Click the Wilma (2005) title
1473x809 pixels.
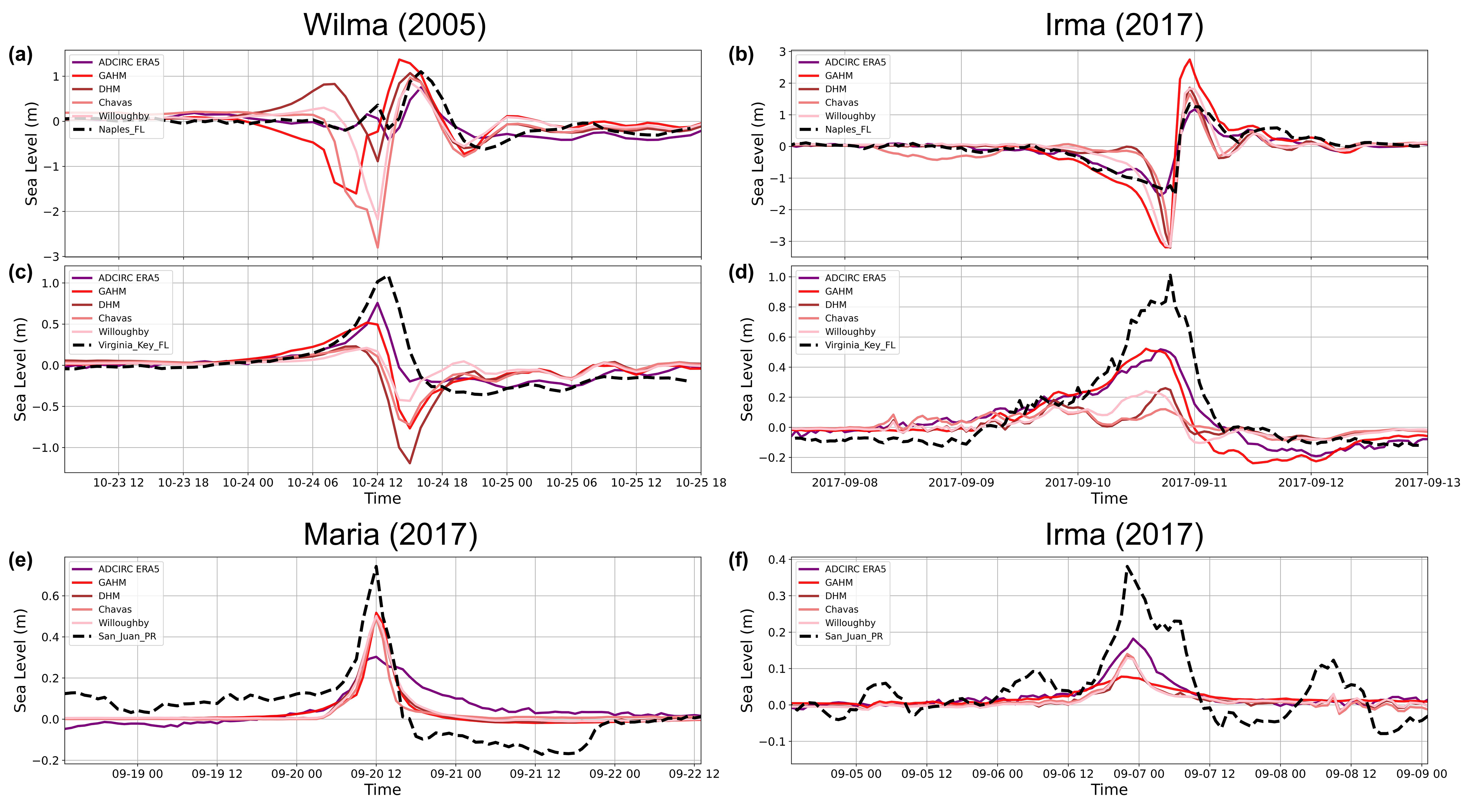394,25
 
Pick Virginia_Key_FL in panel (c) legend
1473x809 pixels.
133,345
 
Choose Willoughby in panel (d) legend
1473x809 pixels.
850,332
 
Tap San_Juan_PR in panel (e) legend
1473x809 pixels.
127,636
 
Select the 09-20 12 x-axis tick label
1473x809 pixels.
376,774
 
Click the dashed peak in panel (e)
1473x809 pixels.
376,566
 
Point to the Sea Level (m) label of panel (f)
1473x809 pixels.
746,660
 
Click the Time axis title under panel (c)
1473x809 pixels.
383,498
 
